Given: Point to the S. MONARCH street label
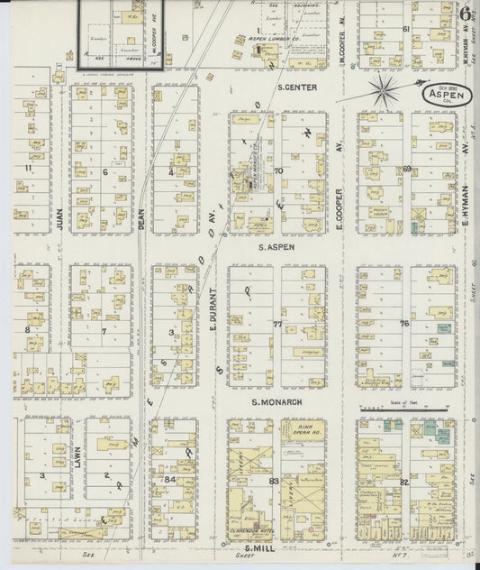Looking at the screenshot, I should [277, 401].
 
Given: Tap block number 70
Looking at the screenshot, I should [278, 170].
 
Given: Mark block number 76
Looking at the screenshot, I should [405, 322].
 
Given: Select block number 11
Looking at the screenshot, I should [29, 168].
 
